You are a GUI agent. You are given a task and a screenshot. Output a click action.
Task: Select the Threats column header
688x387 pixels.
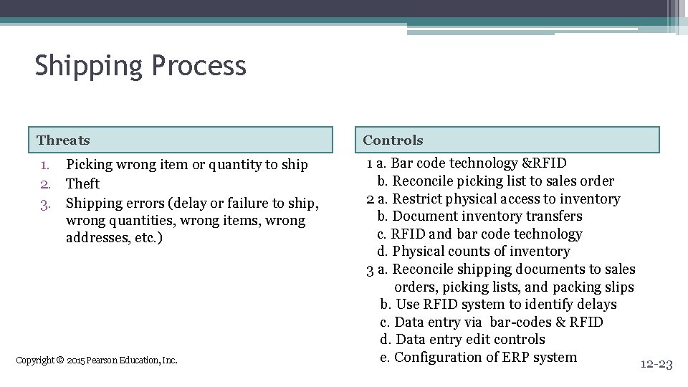[x=63, y=140]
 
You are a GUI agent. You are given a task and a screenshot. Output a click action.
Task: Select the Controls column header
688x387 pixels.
[x=393, y=140]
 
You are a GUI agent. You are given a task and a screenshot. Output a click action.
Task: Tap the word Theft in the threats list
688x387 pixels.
[x=82, y=183]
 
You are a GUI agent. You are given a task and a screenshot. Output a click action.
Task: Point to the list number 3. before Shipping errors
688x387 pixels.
[x=44, y=203]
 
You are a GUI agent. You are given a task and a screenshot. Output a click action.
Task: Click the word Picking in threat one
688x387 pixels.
[x=89, y=165]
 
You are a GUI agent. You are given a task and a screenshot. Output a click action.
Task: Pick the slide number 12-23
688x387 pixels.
[x=656, y=365]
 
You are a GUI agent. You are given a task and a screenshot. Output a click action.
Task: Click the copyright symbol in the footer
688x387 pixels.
[x=59, y=360]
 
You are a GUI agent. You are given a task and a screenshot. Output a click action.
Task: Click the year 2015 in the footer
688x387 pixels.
[x=75, y=360]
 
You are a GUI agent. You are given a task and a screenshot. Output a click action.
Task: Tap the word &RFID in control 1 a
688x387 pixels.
[x=544, y=163]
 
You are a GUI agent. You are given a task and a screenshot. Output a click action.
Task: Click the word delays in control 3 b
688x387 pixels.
[x=596, y=304]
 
